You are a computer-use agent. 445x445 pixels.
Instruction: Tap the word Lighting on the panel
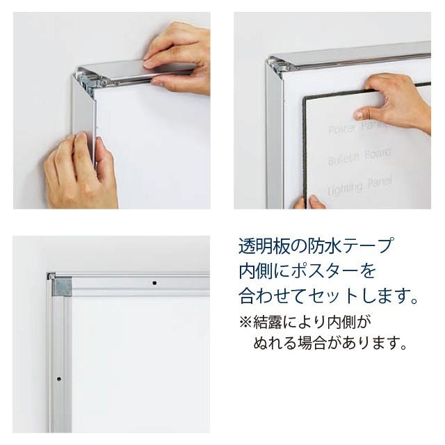[346, 188]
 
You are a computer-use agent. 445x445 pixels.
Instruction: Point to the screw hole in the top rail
[155, 283]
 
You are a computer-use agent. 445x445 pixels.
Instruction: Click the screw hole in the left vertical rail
[59, 380]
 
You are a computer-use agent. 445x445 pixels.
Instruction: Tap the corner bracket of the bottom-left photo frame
[62, 286]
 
